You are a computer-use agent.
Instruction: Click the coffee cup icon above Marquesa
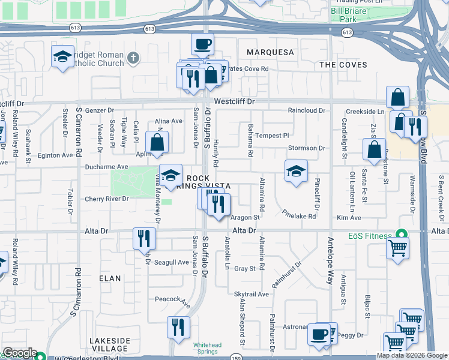(202, 44)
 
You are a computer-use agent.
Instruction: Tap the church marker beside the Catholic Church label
(133, 58)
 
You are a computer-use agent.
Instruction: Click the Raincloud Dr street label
(306, 111)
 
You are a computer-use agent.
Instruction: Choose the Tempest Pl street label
(272, 136)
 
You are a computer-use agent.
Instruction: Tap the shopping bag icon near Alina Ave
(157, 143)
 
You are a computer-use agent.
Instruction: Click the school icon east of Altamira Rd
(296, 171)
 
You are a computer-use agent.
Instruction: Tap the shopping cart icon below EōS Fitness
(397, 247)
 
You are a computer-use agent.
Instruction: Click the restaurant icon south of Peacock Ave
(178, 327)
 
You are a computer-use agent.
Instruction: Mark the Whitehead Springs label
(207, 348)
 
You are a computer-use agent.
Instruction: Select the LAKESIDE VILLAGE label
(109, 344)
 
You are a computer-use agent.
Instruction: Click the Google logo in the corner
(19, 353)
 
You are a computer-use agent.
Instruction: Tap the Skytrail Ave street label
(252, 294)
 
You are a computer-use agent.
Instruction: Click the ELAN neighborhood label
(110, 278)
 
